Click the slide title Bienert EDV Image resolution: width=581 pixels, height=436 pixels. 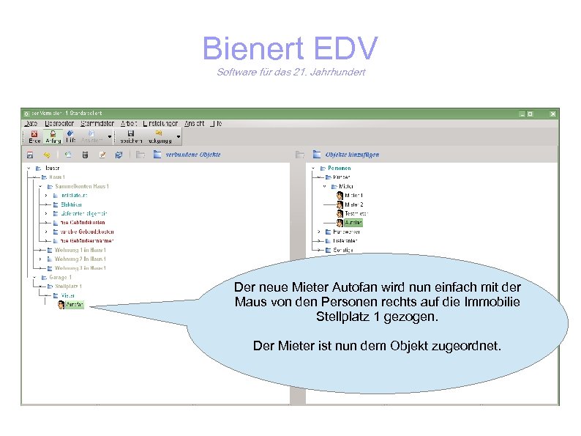[290, 49]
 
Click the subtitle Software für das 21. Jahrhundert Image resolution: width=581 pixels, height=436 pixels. [290, 72]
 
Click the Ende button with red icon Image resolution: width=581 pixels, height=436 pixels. [34, 136]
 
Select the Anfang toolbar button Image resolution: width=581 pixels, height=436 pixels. [53, 136]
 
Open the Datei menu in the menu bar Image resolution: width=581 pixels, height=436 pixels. [30, 123]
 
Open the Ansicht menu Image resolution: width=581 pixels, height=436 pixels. [194, 123]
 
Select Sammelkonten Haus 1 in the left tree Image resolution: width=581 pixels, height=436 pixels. [81, 186]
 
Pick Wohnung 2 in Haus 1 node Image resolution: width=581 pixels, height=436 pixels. [80, 259]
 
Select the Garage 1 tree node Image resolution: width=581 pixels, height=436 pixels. [60, 277]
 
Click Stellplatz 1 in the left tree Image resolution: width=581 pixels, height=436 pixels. [68, 286]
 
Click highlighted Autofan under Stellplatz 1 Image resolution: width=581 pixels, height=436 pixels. [75, 304]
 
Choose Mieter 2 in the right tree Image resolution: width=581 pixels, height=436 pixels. [354, 204]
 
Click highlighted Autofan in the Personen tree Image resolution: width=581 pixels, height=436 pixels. [353, 221]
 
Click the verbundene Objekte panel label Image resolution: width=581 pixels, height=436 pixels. [193, 155]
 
